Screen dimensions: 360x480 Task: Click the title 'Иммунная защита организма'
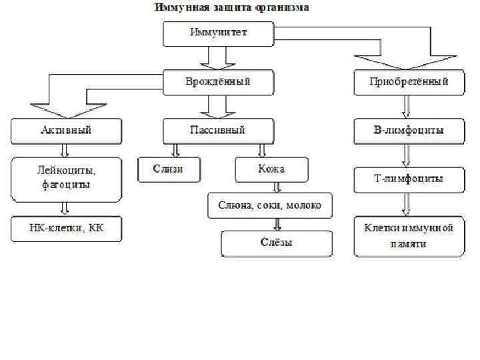pyautogui.click(x=232, y=8)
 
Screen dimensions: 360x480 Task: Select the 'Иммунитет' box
pyautogui.click(x=218, y=33)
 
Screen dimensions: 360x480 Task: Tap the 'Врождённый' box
pyautogui.click(x=218, y=83)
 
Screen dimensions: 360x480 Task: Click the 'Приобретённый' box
pyautogui.click(x=409, y=83)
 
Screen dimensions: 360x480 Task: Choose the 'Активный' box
pyautogui.click(x=65, y=131)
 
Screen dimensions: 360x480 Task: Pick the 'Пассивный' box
pyautogui.click(x=218, y=131)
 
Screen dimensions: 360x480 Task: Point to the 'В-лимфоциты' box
pyautogui.click(x=409, y=131)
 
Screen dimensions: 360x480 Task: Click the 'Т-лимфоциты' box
pyautogui.click(x=409, y=179)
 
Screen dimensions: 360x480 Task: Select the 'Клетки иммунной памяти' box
pyautogui.click(x=409, y=236)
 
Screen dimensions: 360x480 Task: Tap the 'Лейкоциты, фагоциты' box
pyautogui.click(x=65, y=179)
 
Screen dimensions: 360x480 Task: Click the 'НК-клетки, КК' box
pyautogui.click(x=65, y=229)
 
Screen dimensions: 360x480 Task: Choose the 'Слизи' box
pyautogui.click(x=168, y=169)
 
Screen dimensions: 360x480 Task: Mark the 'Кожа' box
pyautogui.click(x=271, y=169)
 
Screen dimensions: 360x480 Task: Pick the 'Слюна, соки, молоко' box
pyautogui.click(x=269, y=205)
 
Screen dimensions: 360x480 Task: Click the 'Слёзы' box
pyautogui.click(x=276, y=243)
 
